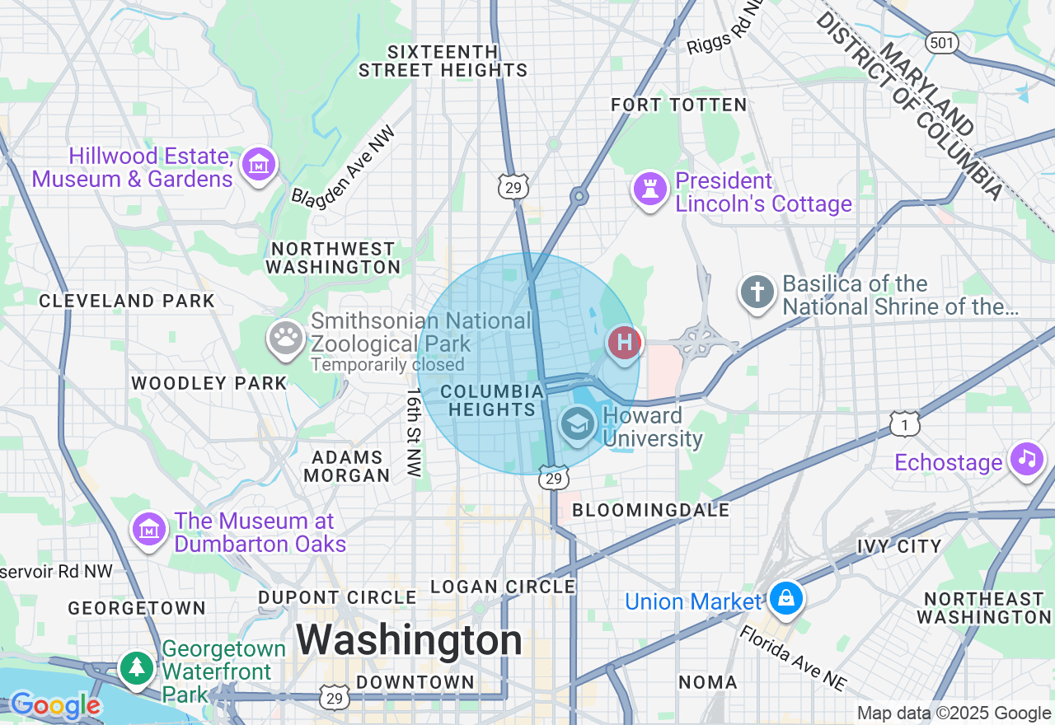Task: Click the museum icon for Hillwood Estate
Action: coord(259,165)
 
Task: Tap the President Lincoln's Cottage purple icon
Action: coord(649,189)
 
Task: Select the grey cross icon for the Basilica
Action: coord(757,292)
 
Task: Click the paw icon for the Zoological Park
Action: coord(286,338)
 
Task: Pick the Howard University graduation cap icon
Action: coord(578,424)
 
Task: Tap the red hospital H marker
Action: coord(624,342)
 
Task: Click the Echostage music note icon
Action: coord(1026,459)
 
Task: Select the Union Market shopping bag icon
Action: coord(786,599)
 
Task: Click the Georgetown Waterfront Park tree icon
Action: coord(136,667)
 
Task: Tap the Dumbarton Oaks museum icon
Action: coord(149,529)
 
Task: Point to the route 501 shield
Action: coord(941,42)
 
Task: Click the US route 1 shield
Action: coord(904,423)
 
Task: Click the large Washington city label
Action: coord(410,640)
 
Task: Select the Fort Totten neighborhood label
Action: coord(678,105)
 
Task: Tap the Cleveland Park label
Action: coord(127,301)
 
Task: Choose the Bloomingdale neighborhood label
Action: coord(651,510)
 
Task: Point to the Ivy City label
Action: coord(899,546)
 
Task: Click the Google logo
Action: coord(55,706)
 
